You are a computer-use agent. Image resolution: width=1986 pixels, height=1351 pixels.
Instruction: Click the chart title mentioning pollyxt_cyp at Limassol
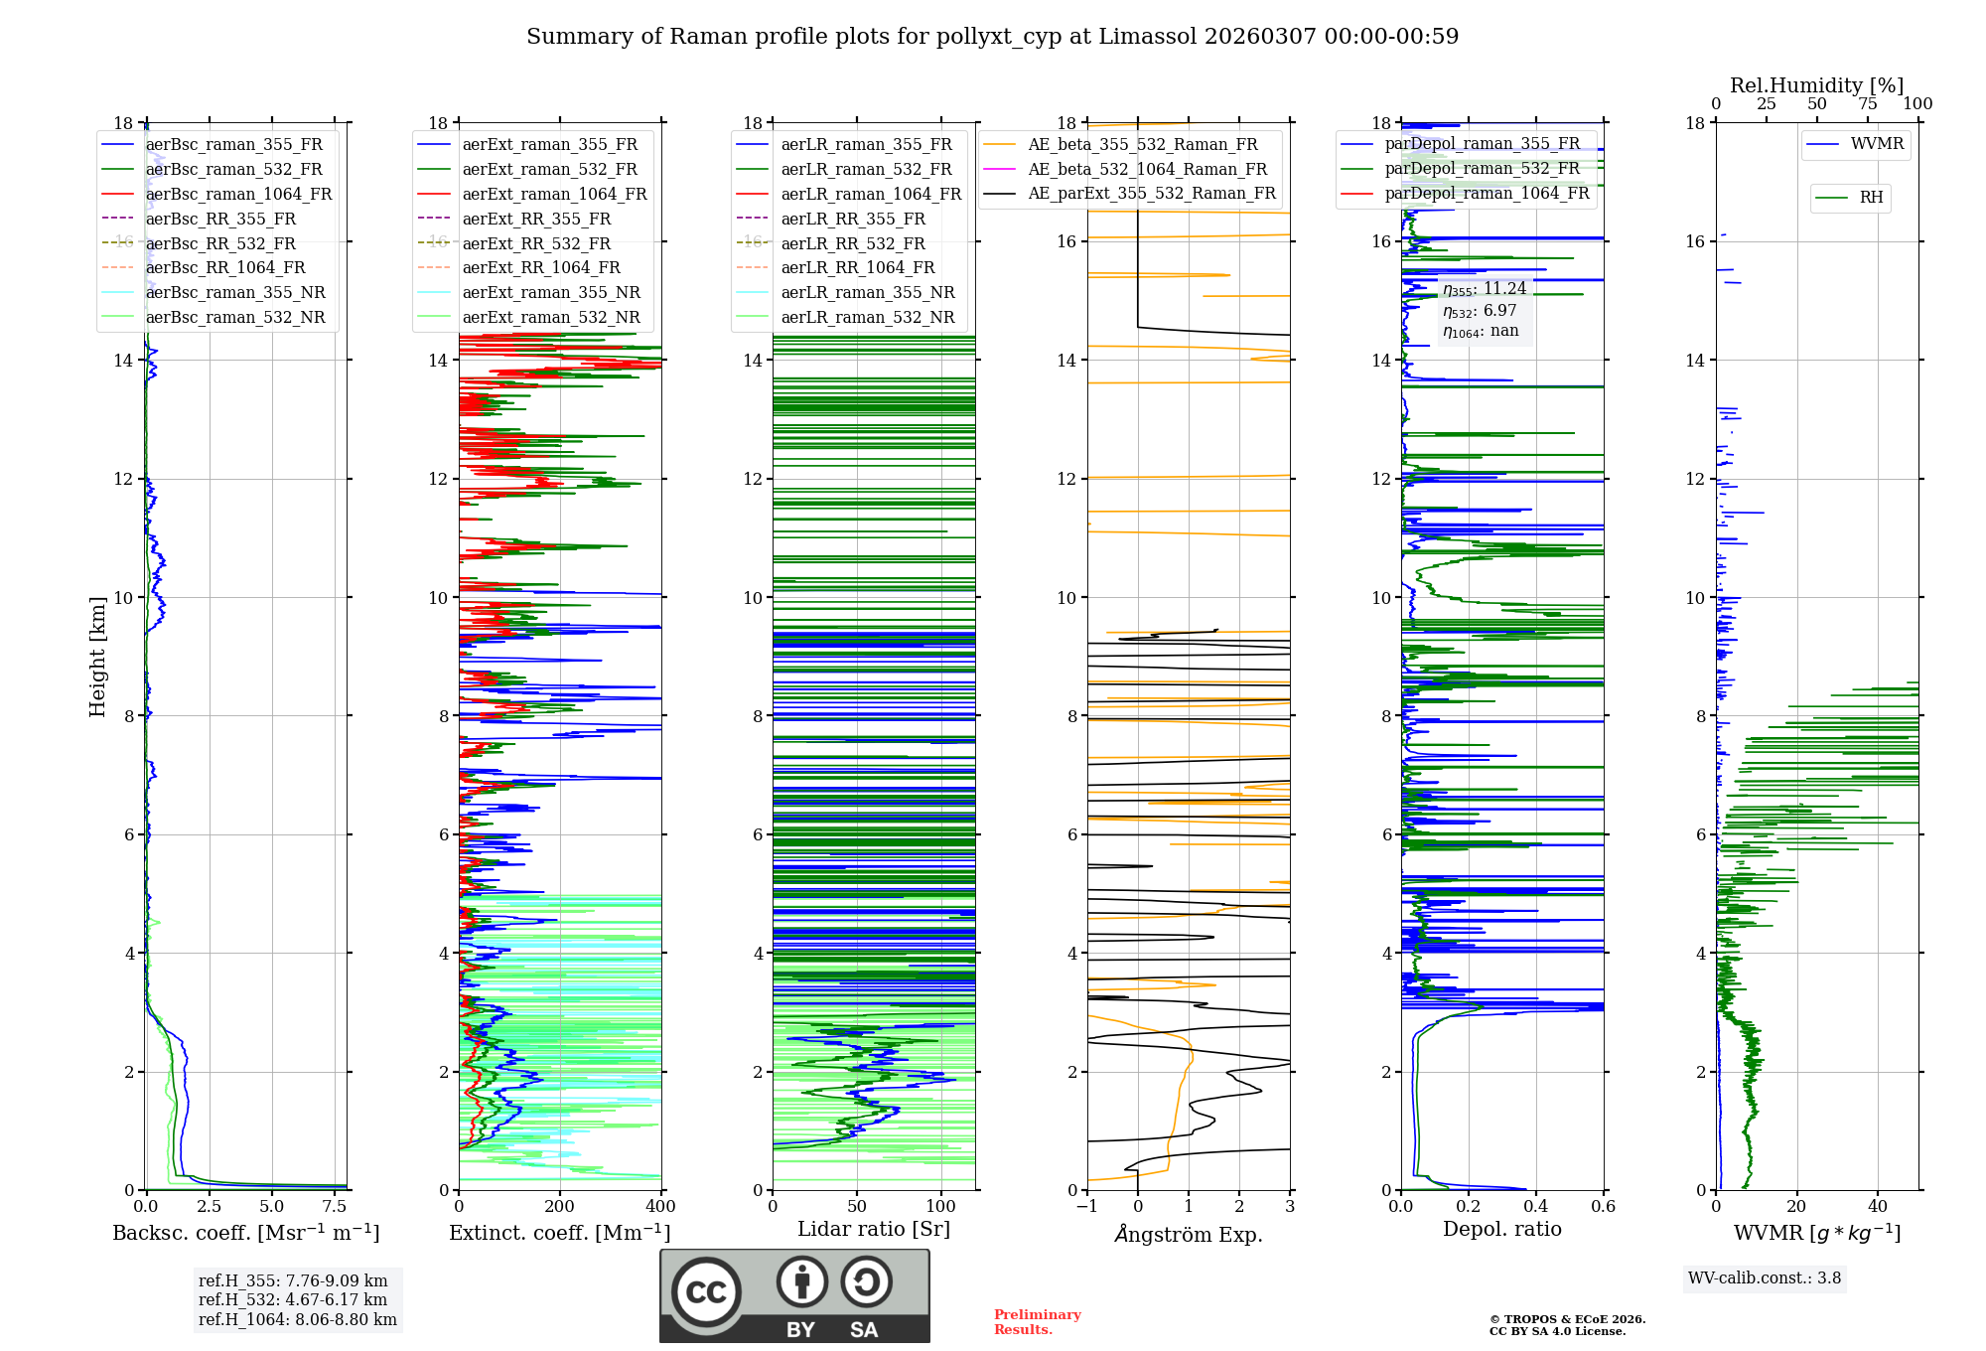coord(992,37)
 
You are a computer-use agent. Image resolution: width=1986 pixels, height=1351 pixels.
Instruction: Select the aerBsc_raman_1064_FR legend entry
coord(238,194)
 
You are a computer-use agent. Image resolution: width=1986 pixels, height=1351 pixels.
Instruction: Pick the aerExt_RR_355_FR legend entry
coord(536,219)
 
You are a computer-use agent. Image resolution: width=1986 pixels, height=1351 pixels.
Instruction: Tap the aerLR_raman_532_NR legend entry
coord(867,317)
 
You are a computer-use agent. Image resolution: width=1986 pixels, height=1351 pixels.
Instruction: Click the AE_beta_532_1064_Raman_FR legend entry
coord(1147,169)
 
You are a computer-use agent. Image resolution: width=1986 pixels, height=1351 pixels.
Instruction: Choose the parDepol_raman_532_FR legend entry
coord(1482,168)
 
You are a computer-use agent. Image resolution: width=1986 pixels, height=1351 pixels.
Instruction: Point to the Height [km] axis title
coord(97,656)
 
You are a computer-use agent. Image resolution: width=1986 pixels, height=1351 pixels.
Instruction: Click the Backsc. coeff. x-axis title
coord(245,1233)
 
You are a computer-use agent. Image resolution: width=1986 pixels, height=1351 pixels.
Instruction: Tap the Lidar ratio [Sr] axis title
coord(873,1229)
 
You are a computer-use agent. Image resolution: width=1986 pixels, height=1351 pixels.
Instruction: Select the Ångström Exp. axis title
coord(1188,1235)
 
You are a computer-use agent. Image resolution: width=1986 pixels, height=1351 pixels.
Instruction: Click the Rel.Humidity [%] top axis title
coord(1816,85)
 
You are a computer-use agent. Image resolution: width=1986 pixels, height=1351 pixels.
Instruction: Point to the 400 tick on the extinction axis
coord(660,1206)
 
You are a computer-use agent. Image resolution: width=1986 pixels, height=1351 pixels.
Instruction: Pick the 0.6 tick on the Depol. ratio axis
coord(1603,1206)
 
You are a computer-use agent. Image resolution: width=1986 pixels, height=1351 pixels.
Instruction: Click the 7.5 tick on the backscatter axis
coord(335,1206)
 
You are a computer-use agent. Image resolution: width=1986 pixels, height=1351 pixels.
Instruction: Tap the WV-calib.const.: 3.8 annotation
coord(1764,1277)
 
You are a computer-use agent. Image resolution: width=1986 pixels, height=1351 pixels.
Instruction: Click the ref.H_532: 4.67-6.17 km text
coord(293,1299)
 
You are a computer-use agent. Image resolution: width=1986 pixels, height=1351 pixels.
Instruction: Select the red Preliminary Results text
coord(1037,1321)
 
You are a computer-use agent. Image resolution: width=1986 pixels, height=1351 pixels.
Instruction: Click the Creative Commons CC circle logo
coord(706,1292)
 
